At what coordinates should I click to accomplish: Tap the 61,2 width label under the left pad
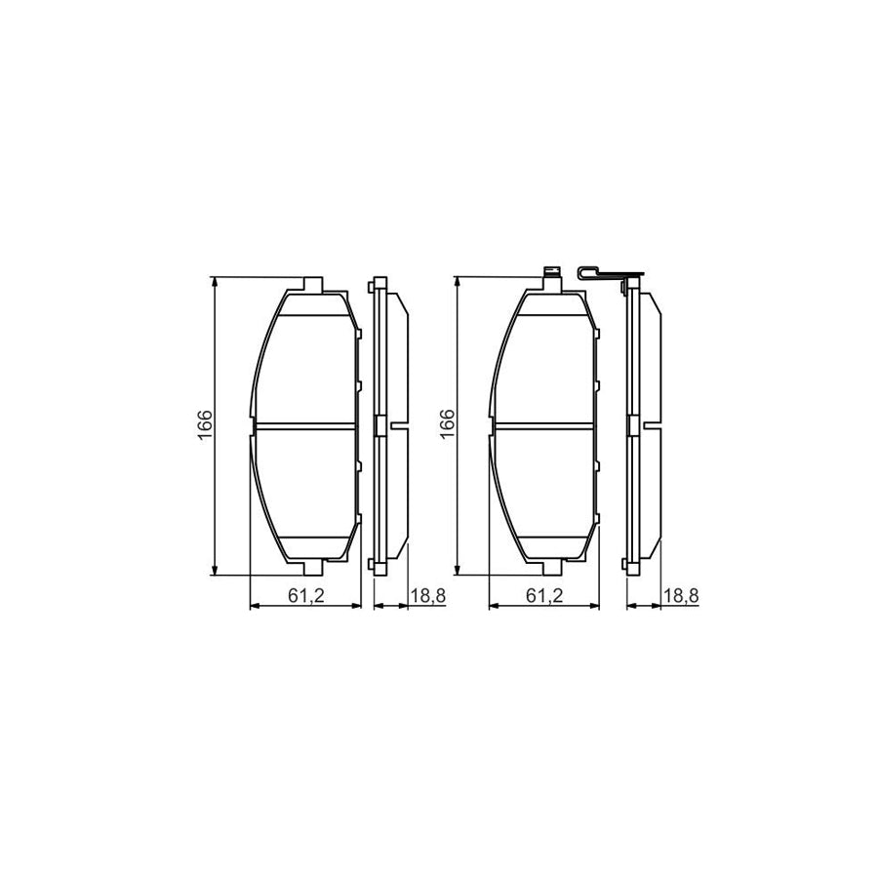pos(306,594)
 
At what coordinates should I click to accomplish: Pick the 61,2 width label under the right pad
pos(544,594)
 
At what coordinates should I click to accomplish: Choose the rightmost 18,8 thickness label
pos(680,594)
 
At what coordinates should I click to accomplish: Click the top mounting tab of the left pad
pos(312,284)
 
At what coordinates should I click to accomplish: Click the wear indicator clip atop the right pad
pos(551,274)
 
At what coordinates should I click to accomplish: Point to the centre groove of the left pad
pos(305,425)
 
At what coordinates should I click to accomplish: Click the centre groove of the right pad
pos(544,425)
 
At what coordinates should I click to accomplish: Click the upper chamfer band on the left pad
pos(310,305)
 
